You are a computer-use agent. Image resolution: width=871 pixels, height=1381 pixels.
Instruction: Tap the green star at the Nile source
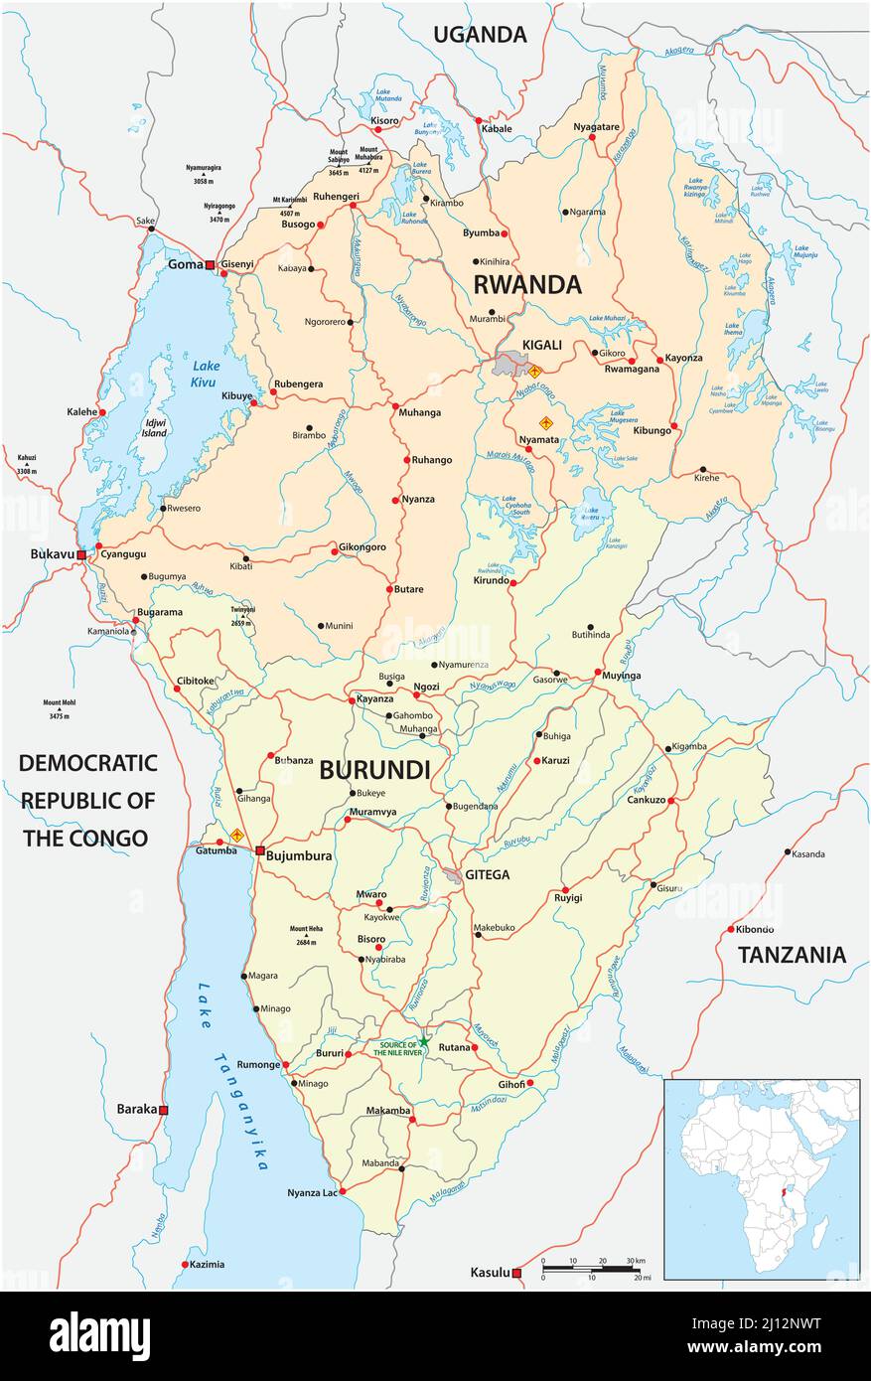pos(424,1041)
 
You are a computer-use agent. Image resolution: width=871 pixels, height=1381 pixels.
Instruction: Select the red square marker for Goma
pos(211,264)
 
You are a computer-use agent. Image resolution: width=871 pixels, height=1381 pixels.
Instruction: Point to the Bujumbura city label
pos(299,854)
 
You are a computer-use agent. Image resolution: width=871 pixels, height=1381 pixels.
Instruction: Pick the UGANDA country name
pos(480,35)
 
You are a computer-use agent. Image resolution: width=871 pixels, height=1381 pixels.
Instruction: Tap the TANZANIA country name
pos(792,955)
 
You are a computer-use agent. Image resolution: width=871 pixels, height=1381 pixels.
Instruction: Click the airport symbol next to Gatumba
pos(236,836)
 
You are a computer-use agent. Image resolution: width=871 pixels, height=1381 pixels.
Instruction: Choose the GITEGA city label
pos(487,874)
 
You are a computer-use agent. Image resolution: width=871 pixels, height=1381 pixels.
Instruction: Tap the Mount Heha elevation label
pos(306,934)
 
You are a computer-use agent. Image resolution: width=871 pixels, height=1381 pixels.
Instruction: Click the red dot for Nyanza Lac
pos(342,1190)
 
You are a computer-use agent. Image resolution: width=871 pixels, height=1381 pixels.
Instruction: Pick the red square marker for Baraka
pos(164,1110)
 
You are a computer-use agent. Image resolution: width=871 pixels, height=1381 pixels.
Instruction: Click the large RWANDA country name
pos(526,285)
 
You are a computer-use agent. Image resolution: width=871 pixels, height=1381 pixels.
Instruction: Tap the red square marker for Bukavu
pos(81,553)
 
